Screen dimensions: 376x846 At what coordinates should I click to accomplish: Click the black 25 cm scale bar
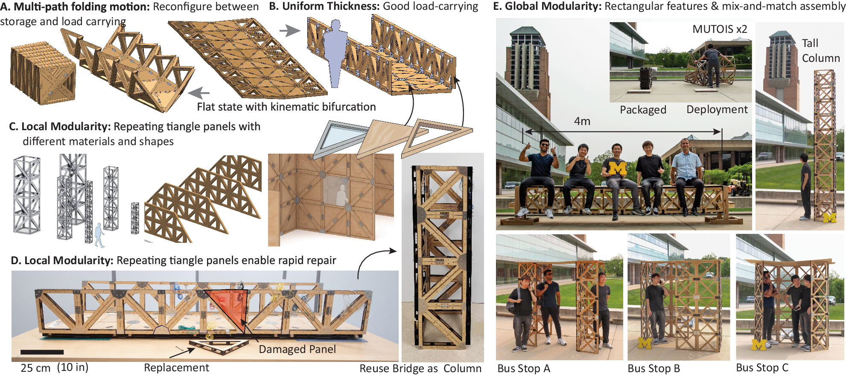[x=42, y=352]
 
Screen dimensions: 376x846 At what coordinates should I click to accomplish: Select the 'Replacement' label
[x=176, y=368]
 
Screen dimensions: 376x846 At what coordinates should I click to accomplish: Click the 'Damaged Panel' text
[x=297, y=350]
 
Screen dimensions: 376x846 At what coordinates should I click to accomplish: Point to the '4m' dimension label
[x=582, y=122]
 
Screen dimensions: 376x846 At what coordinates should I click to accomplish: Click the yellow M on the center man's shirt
[x=617, y=169]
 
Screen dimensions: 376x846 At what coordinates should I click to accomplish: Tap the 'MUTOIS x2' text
[x=720, y=29]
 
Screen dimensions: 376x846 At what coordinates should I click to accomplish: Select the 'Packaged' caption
[x=643, y=110]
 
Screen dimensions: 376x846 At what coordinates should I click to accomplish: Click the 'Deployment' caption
[x=717, y=110]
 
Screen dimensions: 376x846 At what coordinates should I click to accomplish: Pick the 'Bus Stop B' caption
[x=653, y=368]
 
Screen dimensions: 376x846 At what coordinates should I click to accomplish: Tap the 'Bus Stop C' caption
[x=762, y=367]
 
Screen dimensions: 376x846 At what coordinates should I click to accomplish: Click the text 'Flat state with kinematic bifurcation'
[x=286, y=107]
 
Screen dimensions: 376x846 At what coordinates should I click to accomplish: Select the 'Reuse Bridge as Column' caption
[x=420, y=368]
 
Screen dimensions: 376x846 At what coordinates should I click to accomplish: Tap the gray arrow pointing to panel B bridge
[x=290, y=30]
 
